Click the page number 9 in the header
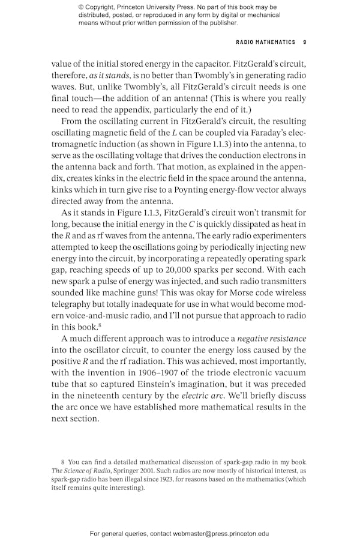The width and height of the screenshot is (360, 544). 305,43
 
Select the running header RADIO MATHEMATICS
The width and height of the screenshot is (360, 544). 266,43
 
